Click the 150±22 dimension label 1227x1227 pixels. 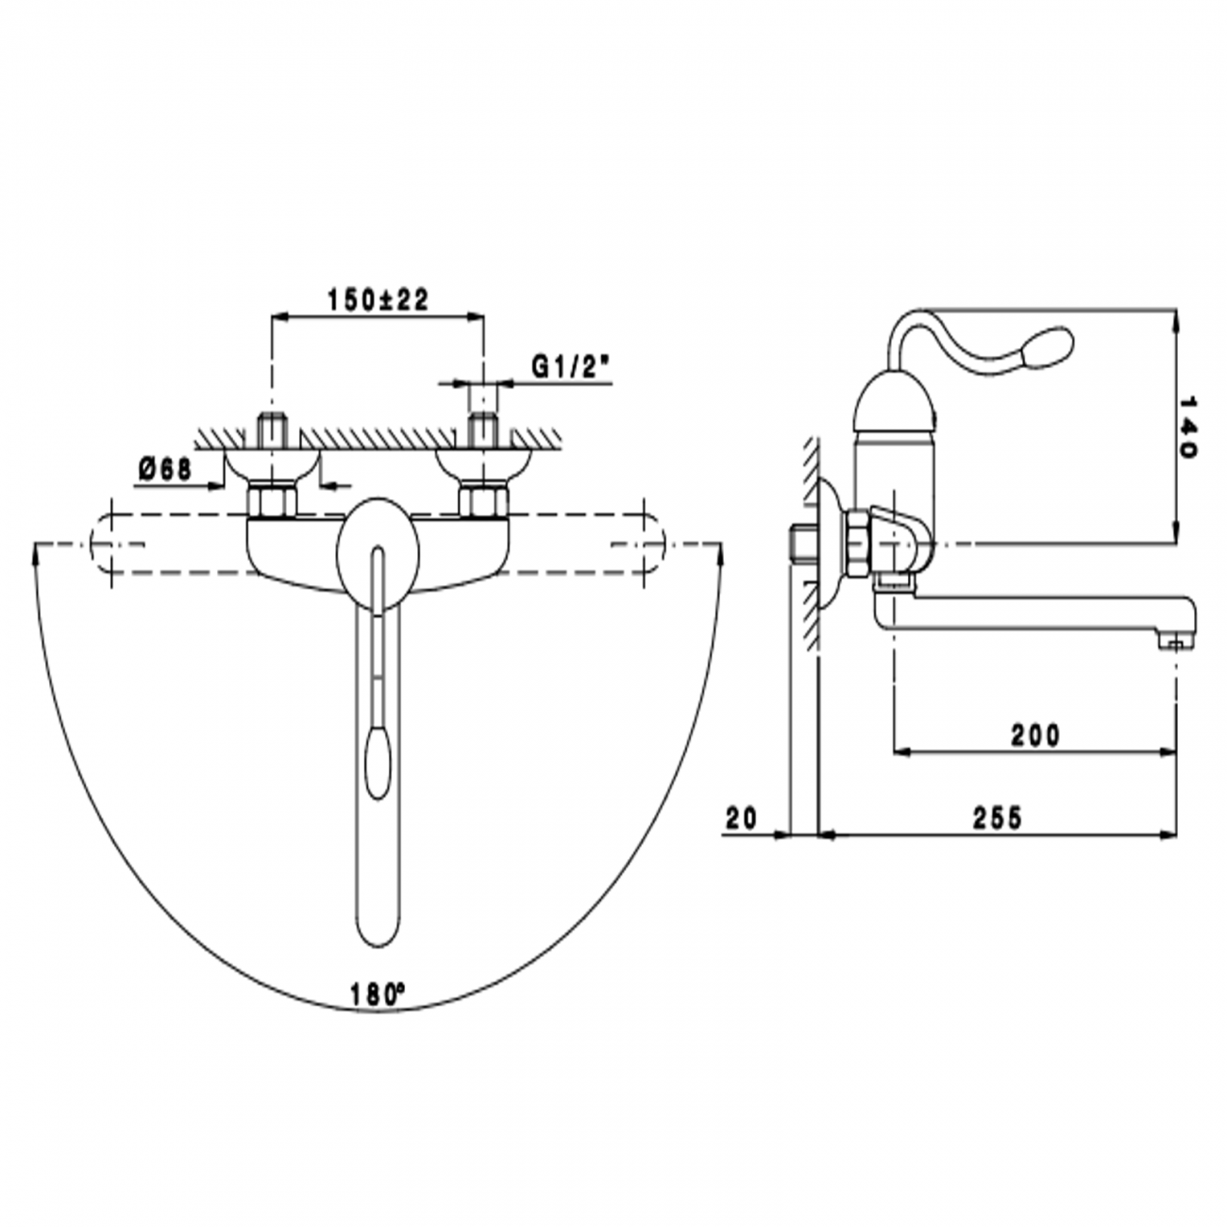[378, 300]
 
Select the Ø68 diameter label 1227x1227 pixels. [164, 468]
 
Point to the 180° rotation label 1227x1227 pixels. [377, 994]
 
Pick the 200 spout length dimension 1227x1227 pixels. [1035, 734]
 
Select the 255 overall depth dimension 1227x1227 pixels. [997, 817]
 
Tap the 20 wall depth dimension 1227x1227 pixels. [743, 817]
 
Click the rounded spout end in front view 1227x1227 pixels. [378, 930]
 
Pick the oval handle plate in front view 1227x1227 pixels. [378, 547]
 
